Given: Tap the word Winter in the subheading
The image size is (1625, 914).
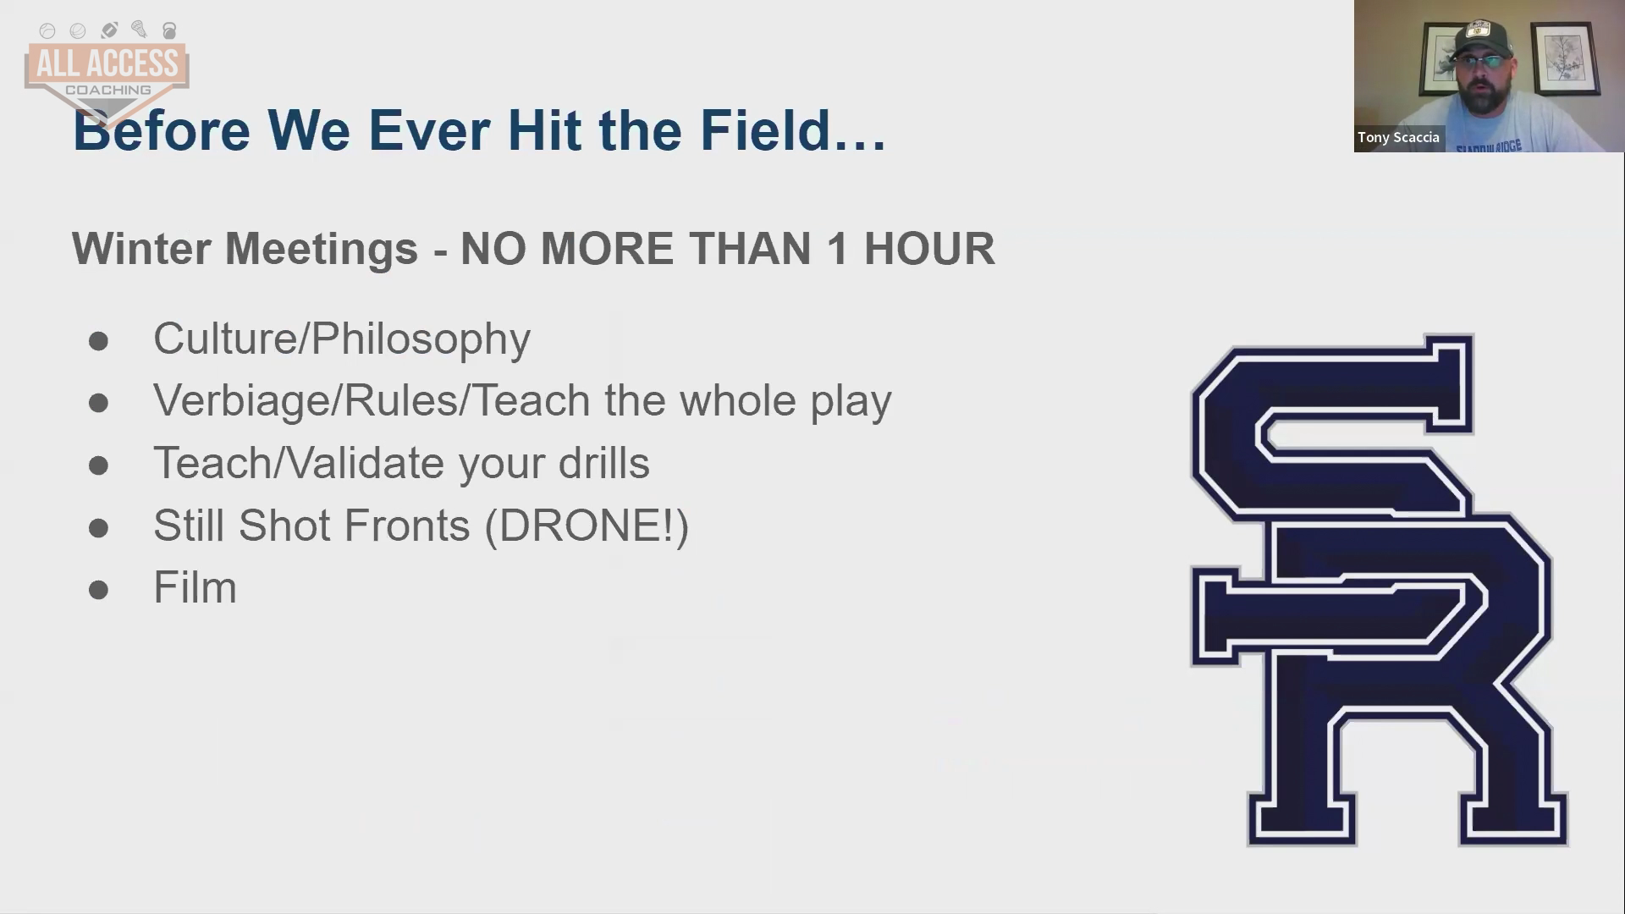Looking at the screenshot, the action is click(x=141, y=249).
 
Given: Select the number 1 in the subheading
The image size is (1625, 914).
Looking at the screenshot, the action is click(x=837, y=249).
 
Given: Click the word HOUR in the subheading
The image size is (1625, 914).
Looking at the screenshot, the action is click(x=929, y=249).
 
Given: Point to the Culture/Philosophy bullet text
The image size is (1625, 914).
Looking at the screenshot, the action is click(x=342, y=339).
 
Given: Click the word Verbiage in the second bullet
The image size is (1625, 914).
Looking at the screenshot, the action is click(x=246, y=400).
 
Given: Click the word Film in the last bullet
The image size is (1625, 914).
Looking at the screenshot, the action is click(x=195, y=587).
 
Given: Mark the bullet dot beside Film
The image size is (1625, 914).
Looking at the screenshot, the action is click(x=98, y=590).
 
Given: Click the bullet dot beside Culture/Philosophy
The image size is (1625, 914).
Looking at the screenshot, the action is click(x=98, y=341).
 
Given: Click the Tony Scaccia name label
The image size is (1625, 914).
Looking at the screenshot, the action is click(x=1398, y=137).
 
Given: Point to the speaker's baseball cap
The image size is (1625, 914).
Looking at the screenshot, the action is click(x=1481, y=38).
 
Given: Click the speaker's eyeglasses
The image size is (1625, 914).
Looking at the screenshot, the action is click(x=1480, y=62).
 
